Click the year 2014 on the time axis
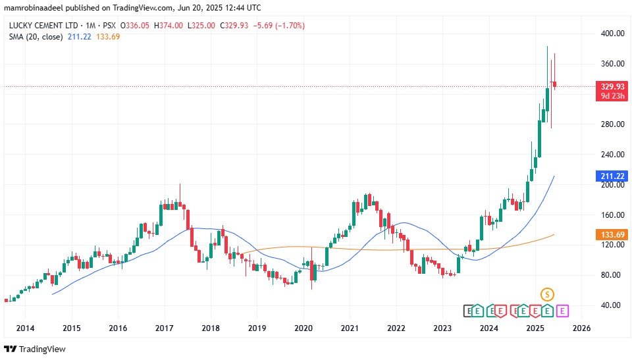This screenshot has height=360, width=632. [x=25, y=328]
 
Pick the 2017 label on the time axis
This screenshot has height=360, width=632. [x=164, y=328]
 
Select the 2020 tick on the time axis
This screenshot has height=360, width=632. [x=303, y=328]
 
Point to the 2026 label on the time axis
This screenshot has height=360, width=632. [x=582, y=328]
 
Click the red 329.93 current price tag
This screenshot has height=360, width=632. [x=610, y=86]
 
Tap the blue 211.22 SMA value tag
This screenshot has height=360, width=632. [x=610, y=176]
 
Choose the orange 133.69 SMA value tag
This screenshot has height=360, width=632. [x=610, y=235]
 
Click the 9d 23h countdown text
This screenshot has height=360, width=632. [x=610, y=96]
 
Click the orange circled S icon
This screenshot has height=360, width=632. [x=546, y=294]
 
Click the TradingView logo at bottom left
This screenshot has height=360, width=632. [x=35, y=349]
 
